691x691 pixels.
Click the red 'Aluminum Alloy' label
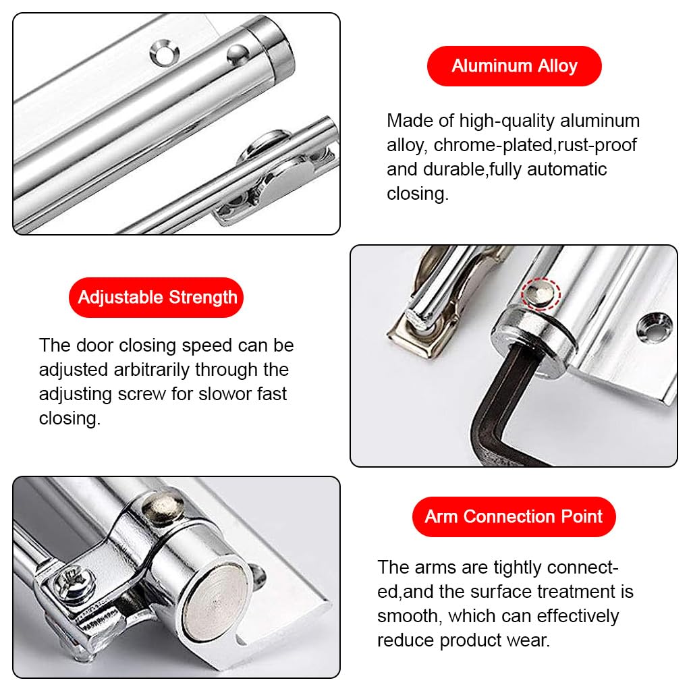coord(514,66)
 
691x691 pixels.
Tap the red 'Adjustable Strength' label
coord(157,297)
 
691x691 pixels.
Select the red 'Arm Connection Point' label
coord(514,517)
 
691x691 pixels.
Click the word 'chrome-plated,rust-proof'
coord(535,145)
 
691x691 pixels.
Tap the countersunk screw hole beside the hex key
coord(653,327)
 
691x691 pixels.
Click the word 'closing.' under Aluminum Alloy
coord(417,194)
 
